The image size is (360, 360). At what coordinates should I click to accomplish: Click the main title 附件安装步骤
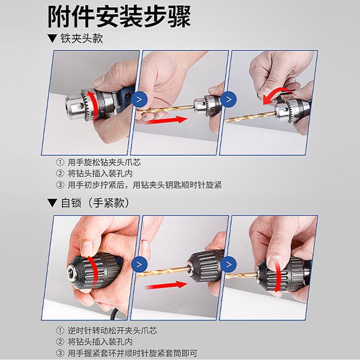pos(119,17)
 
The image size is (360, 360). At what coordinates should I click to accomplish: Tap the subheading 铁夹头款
pos(81,38)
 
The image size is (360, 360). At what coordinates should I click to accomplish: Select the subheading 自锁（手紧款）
pos(95,203)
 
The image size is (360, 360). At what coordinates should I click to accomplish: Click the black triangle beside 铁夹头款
pos(52,38)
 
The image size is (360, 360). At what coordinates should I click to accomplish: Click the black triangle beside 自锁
pos(52,203)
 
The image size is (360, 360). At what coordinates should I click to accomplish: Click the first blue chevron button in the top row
pos(139,99)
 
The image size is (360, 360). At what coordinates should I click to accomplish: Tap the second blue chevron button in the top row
pos(229,99)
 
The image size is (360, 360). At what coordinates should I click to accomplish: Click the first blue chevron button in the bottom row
pos(139,265)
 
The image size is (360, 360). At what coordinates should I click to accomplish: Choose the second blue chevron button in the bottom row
pos(229,265)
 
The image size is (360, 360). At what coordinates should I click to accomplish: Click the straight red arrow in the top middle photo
pos(166,120)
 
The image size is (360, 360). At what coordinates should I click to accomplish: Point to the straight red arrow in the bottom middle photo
pos(166,285)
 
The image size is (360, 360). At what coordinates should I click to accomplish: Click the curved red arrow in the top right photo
pos(275,92)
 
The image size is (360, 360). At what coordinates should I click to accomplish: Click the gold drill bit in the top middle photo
pos(166,109)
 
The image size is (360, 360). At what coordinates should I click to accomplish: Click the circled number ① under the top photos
pos(60,162)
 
